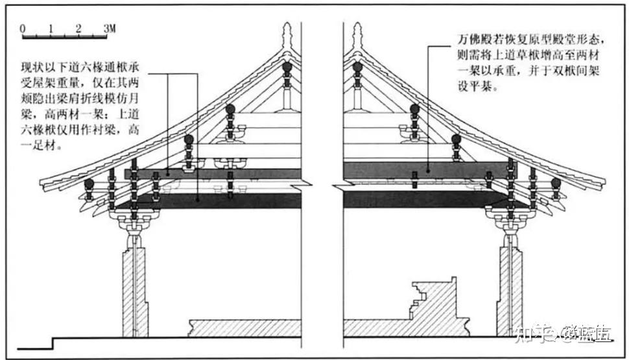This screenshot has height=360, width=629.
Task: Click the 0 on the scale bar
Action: click(x=23, y=29)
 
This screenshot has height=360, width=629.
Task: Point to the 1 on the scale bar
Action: click(x=51, y=29)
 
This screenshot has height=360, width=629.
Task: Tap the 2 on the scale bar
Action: click(x=78, y=29)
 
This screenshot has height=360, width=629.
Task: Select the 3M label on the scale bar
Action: click(x=109, y=29)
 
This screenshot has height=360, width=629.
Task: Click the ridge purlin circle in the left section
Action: click(x=287, y=66)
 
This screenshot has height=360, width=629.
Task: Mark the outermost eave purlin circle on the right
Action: click(x=556, y=183)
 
